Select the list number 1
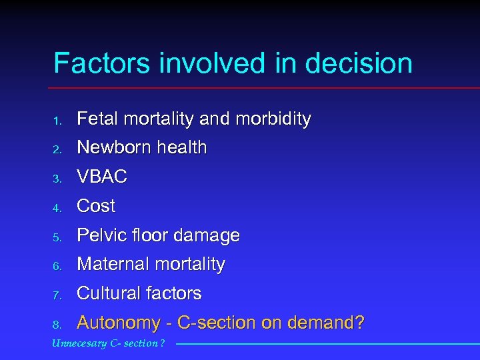coord(58,121)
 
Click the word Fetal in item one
coord(97,119)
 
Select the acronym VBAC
coord(102,177)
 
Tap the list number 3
coord(58,179)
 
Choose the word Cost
coord(97,206)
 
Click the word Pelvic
coord(99,235)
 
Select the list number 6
coord(58,267)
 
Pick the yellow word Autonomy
coord(118,323)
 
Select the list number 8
coord(58,325)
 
